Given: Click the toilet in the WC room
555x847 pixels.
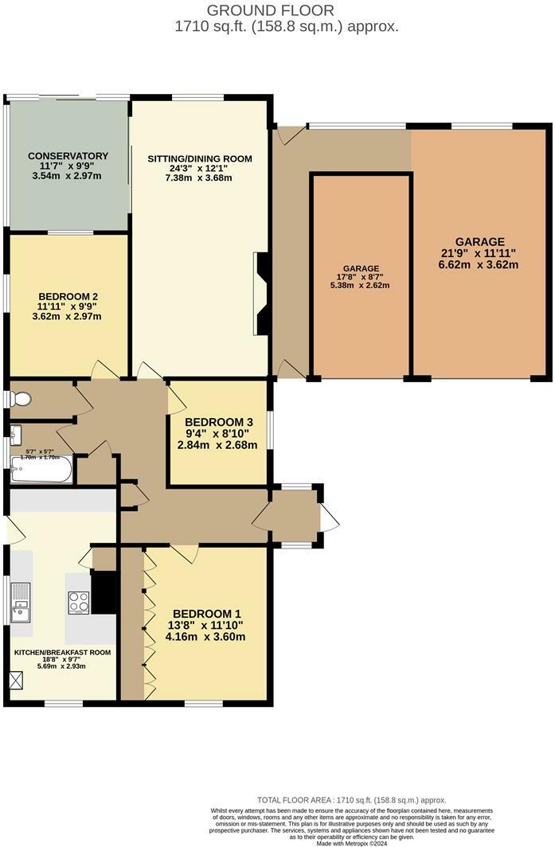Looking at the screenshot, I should pyautogui.click(x=20, y=398).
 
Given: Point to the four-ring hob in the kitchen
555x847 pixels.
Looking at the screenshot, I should pyautogui.click(x=79, y=602).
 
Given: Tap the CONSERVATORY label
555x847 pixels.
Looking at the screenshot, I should pyautogui.click(x=68, y=155).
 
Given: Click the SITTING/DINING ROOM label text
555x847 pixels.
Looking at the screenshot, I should pyautogui.click(x=199, y=158).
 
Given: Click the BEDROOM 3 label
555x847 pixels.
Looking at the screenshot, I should pyautogui.click(x=219, y=422).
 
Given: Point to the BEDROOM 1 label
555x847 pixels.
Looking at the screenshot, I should pyautogui.click(x=207, y=613).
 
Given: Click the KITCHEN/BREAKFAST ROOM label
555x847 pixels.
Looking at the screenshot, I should pyautogui.click(x=62, y=652).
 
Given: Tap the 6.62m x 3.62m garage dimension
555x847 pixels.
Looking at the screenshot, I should pyautogui.click(x=479, y=265).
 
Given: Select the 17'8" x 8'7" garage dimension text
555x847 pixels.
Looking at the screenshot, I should pyautogui.click(x=361, y=277).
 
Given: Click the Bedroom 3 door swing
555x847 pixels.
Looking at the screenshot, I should pyautogui.click(x=175, y=398).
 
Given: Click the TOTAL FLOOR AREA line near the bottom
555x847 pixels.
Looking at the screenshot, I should pyautogui.click(x=351, y=800).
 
